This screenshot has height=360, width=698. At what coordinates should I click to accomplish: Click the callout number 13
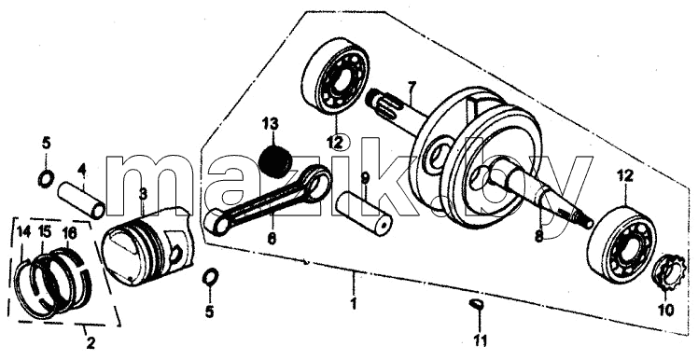[x=271, y=124]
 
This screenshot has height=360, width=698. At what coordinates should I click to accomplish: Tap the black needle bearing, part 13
[x=275, y=162]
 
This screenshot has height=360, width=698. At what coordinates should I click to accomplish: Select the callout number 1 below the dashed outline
[x=354, y=304]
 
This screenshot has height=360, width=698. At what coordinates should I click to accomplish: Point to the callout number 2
[x=90, y=342]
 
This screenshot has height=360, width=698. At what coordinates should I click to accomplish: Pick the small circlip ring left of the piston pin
[x=46, y=179]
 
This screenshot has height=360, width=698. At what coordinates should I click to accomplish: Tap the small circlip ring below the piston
[x=209, y=278]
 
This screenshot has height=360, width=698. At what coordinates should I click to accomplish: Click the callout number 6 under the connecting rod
[x=272, y=238]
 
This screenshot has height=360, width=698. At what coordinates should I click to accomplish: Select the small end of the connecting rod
[x=215, y=222]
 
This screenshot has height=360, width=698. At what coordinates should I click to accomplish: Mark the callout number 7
[x=411, y=88]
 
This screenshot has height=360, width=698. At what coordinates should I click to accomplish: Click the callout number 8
[x=538, y=236]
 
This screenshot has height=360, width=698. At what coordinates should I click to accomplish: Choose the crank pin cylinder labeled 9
[x=364, y=214]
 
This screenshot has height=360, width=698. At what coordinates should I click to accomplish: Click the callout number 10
[x=666, y=310]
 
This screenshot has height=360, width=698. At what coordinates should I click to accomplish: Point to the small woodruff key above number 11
[x=477, y=304]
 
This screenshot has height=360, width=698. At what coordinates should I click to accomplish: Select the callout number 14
[x=23, y=232]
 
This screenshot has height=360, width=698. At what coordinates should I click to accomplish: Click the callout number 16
[x=68, y=232]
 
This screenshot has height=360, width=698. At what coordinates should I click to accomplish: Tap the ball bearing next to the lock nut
[x=621, y=244]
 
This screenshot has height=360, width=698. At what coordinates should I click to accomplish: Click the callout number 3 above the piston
[x=143, y=194]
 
